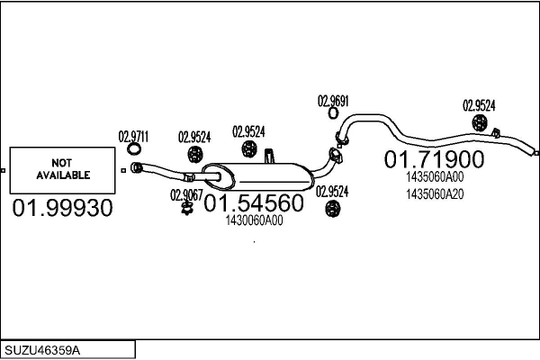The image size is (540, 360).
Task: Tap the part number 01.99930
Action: (62, 209)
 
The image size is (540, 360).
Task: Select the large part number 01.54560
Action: (253, 204)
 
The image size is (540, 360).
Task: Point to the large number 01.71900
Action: (435, 160)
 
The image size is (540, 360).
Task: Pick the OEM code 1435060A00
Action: (435, 177)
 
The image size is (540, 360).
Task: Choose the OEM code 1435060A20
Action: (435, 194)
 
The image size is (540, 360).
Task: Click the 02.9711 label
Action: (133, 137)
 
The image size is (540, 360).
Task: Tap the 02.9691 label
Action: (332, 101)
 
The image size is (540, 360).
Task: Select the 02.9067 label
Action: (186, 193)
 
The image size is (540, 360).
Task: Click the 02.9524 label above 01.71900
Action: (479, 105)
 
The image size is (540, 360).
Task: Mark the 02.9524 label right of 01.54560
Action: (332, 191)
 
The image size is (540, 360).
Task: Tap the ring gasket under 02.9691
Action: (332, 113)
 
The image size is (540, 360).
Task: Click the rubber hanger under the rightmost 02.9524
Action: (481, 123)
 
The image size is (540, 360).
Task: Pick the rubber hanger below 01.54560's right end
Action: (332, 210)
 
